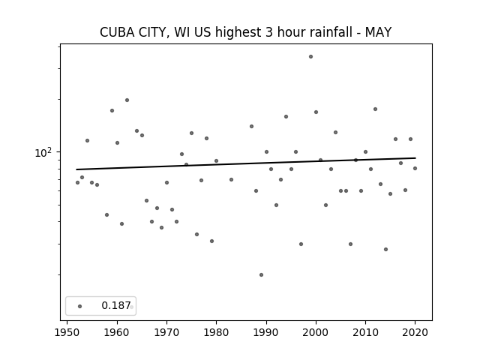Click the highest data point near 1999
(x=310, y=57)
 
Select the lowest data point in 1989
(x=261, y=275)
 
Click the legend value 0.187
(x=116, y=305)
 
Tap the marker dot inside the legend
(x=80, y=306)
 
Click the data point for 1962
(x=127, y=100)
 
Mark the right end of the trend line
(x=415, y=158)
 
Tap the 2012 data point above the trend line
(x=375, y=109)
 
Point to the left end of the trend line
(x=76, y=169)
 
